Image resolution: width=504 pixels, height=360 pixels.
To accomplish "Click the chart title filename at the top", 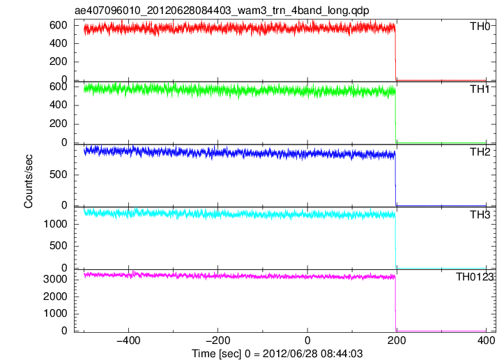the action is [x=222, y=10].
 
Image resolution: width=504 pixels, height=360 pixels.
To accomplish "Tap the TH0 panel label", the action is [x=480, y=27].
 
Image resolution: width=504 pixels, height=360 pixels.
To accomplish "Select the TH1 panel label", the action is [x=480, y=89].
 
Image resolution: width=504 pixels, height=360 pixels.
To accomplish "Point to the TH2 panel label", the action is [x=480, y=152].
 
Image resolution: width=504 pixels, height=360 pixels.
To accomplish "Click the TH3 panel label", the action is [x=480, y=215].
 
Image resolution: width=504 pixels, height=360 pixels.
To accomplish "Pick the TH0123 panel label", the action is [x=475, y=277].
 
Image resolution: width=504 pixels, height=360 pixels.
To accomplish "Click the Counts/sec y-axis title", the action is [x=29, y=181].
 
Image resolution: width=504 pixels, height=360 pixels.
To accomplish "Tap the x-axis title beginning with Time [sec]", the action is [x=277, y=354].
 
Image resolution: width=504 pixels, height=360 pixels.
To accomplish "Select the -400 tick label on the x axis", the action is [x=128, y=340].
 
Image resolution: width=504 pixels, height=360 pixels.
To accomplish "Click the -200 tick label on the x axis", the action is [x=217, y=340].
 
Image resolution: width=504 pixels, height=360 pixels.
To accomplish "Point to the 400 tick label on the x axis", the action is [x=486, y=340].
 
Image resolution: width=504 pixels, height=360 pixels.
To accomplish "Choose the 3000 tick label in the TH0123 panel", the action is [x=55, y=279].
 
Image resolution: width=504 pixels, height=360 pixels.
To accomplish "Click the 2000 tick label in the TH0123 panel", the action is [x=55, y=297].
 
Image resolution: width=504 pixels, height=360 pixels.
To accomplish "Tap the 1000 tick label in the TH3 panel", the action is [x=55, y=224].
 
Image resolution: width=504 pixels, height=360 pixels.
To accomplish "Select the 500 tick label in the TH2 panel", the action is [x=59, y=174].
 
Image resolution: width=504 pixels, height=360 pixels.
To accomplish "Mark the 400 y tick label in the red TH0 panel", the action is [x=59, y=43].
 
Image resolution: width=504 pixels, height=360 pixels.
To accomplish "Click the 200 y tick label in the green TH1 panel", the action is [x=59, y=124].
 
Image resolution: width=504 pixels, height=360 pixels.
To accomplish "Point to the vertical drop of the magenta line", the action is [x=395, y=304].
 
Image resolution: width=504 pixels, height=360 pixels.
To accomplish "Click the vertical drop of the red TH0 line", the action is [x=395, y=54].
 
